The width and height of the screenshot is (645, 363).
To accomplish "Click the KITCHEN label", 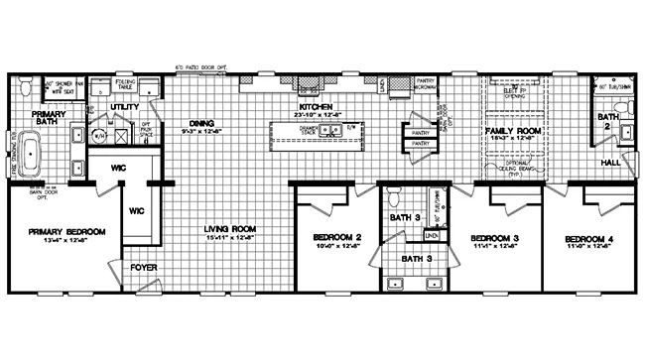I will point(318,106).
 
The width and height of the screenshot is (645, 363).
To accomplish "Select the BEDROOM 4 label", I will point(586,239).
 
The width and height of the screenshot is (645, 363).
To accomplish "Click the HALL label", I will point(611,162).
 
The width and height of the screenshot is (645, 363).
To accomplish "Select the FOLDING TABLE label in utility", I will point(126,84).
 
